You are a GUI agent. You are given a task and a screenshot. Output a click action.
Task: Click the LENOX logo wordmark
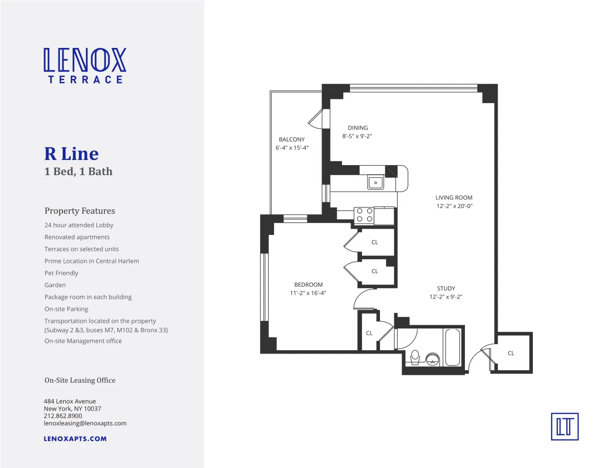click(85, 60)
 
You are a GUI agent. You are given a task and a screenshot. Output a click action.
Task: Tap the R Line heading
click(71, 154)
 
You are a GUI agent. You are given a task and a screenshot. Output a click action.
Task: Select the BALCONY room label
click(292, 140)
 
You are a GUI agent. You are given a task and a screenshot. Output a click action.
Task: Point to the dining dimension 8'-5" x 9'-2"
click(357, 136)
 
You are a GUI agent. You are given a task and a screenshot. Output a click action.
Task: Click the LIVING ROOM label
click(454, 197)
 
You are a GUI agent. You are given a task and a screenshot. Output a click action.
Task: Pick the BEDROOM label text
click(308, 285)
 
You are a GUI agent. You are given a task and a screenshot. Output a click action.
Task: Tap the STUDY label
click(446, 289)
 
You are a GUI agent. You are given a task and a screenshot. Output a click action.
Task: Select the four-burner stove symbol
click(364, 215)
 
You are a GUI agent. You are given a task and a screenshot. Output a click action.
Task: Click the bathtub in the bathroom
click(453, 347)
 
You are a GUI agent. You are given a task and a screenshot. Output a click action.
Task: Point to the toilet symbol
click(415, 356)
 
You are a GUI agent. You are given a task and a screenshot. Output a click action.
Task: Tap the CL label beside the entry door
click(511, 353)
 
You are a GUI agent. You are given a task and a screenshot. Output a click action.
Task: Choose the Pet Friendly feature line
click(61, 273)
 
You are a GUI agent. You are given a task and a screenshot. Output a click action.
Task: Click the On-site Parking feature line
click(66, 309)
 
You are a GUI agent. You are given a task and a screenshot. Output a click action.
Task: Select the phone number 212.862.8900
click(63, 416)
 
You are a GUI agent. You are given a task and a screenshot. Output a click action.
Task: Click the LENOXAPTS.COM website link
click(75, 439)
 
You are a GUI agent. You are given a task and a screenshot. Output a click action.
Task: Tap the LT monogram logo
click(565, 426)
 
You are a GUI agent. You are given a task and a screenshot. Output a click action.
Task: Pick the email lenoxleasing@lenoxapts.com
click(85, 423)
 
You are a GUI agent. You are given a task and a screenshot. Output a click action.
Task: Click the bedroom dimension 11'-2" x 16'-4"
click(308, 293)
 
